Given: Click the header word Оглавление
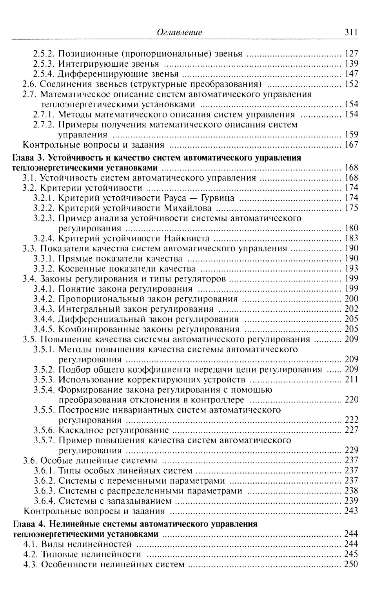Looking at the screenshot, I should click(179, 33).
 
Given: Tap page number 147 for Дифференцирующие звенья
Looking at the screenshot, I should click(351, 74).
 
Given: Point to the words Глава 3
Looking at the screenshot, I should click(28, 158).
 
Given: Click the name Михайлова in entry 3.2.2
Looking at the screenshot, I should click(188, 208).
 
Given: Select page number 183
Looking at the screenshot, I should click(351, 238).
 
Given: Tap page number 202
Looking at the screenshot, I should click(351, 309).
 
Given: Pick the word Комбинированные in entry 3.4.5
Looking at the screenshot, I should click(88, 329).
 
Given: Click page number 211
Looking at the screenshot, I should click(351, 380).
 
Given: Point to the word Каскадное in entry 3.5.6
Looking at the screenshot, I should click(80, 430).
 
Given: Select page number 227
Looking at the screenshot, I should click(351, 430).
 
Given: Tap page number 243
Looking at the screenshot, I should click(351, 511).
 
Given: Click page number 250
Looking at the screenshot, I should click(351, 565).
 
